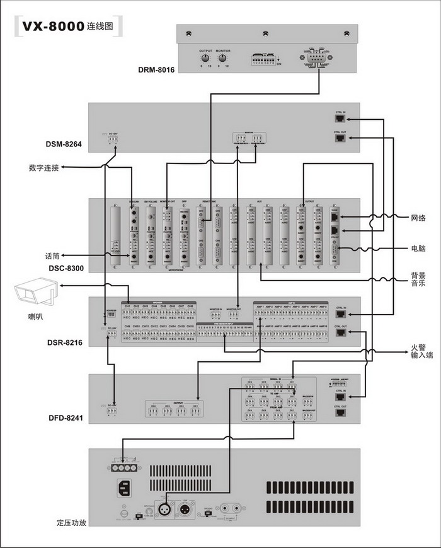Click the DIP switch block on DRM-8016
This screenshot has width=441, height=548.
coord(265,59)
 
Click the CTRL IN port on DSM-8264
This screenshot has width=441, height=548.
coord(340,118)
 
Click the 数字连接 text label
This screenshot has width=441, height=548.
coord(44,168)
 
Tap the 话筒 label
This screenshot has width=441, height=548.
coord(52,256)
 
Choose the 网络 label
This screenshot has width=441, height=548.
coord(418,218)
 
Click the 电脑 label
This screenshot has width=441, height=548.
coord(418,248)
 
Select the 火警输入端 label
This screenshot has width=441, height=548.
coord(418,351)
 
